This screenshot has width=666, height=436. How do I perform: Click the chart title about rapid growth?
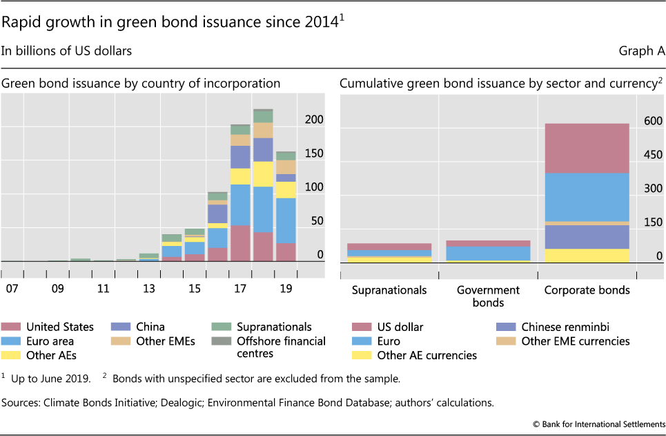(x=173, y=23)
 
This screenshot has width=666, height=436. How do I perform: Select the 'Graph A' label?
(x=641, y=50)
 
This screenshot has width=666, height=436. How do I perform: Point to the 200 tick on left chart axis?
(x=315, y=120)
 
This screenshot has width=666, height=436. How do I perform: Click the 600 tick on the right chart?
(x=652, y=120)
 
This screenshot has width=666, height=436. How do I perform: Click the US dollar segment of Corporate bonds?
(x=587, y=148)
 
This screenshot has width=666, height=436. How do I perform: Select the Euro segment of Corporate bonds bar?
(x=587, y=197)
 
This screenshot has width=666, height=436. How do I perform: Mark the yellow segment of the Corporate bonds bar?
(x=587, y=255)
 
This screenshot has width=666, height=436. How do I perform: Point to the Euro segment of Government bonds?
(x=489, y=253)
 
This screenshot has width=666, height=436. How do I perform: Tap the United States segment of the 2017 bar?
(x=240, y=243)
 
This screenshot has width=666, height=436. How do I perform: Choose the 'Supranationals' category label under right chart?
(x=389, y=290)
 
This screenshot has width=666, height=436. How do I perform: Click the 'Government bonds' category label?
(x=489, y=296)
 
